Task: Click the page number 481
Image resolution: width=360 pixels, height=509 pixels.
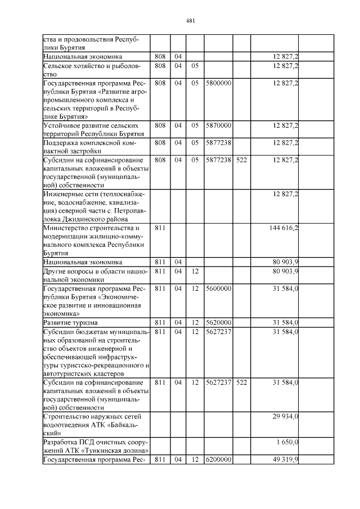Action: pyautogui.click(x=190, y=21)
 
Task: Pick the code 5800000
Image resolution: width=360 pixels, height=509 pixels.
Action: pyautogui.click(x=219, y=83)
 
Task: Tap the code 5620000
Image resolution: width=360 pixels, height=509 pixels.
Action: pyautogui.click(x=219, y=323)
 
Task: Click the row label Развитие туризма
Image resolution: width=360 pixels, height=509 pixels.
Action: pyautogui.click(x=70, y=323)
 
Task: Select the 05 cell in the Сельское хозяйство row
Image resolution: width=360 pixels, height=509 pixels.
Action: pyautogui.click(x=195, y=66)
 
